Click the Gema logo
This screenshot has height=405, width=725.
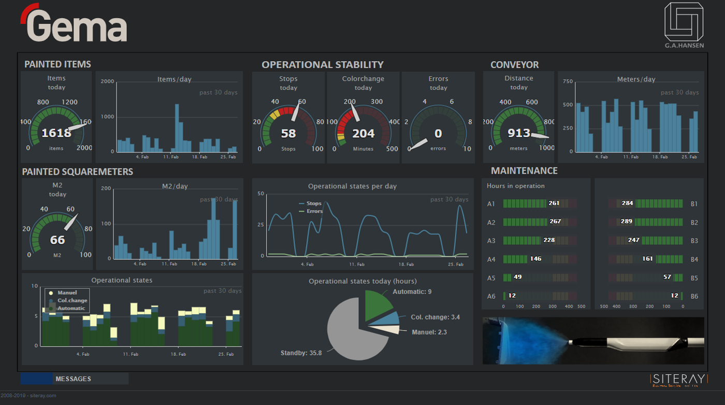(x=74, y=23)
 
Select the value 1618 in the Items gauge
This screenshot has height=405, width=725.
(x=56, y=133)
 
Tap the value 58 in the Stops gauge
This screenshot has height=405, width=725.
(x=288, y=134)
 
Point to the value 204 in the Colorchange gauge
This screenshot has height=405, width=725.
(x=363, y=134)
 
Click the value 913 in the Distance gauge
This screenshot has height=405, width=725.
(x=518, y=133)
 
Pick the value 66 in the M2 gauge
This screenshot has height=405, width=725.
(x=57, y=240)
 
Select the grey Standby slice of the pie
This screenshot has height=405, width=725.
(x=352, y=332)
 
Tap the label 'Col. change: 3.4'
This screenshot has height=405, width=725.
(x=435, y=317)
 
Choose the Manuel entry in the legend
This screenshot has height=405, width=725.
(x=67, y=293)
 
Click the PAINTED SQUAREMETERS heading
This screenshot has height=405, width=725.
(x=78, y=172)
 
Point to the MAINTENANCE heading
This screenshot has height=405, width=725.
(x=524, y=171)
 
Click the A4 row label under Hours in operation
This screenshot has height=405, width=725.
(x=491, y=259)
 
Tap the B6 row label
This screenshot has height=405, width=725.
(x=694, y=296)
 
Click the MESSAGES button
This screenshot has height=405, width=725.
(x=74, y=379)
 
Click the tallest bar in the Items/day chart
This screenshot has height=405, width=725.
(x=177, y=128)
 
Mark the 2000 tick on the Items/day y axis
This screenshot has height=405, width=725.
(x=107, y=82)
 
